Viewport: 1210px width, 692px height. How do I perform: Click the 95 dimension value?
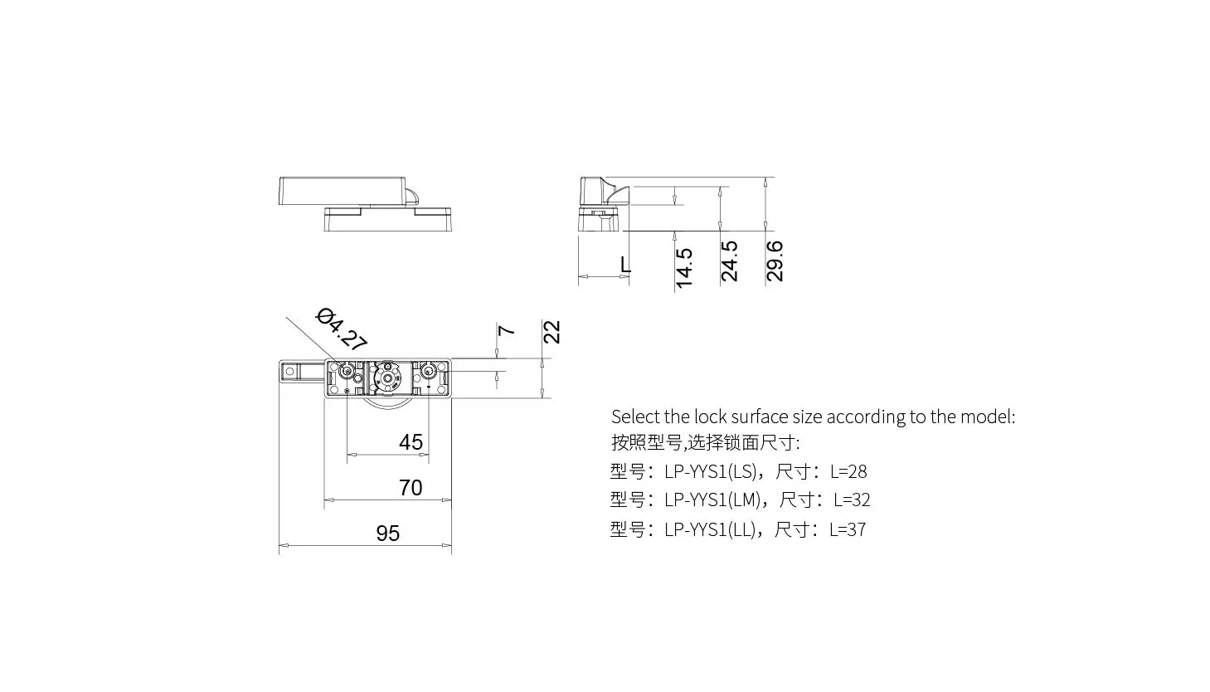click(388, 534)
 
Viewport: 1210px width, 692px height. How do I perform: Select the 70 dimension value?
click(411, 488)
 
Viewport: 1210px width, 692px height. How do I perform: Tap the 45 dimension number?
click(411, 442)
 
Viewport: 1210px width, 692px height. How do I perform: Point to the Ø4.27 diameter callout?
click(342, 329)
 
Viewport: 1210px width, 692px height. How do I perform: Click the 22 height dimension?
click(552, 332)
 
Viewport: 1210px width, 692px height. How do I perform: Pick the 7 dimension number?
click(506, 330)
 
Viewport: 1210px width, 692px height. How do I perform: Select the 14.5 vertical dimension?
click(684, 268)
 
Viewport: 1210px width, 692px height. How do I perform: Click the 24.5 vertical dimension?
click(729, 261)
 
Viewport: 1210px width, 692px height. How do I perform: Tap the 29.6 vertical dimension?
click(775, 261)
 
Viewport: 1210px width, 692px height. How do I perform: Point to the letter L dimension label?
click(625, 265)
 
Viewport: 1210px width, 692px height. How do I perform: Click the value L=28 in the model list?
click(848, 472)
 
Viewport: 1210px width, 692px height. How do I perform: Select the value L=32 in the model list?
click(852, 500)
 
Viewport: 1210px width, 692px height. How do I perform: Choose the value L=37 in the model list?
click(848, 529)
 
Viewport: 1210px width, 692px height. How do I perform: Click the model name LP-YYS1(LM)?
click(712, 500)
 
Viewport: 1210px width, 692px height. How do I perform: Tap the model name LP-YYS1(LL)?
click(710, 529)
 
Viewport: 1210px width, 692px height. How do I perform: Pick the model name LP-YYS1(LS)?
click(711, 472)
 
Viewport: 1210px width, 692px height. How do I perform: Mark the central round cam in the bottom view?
click(387, 377)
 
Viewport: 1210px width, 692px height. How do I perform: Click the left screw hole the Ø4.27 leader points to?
click(347, 372)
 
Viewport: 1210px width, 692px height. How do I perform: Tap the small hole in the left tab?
click(289, 372)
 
